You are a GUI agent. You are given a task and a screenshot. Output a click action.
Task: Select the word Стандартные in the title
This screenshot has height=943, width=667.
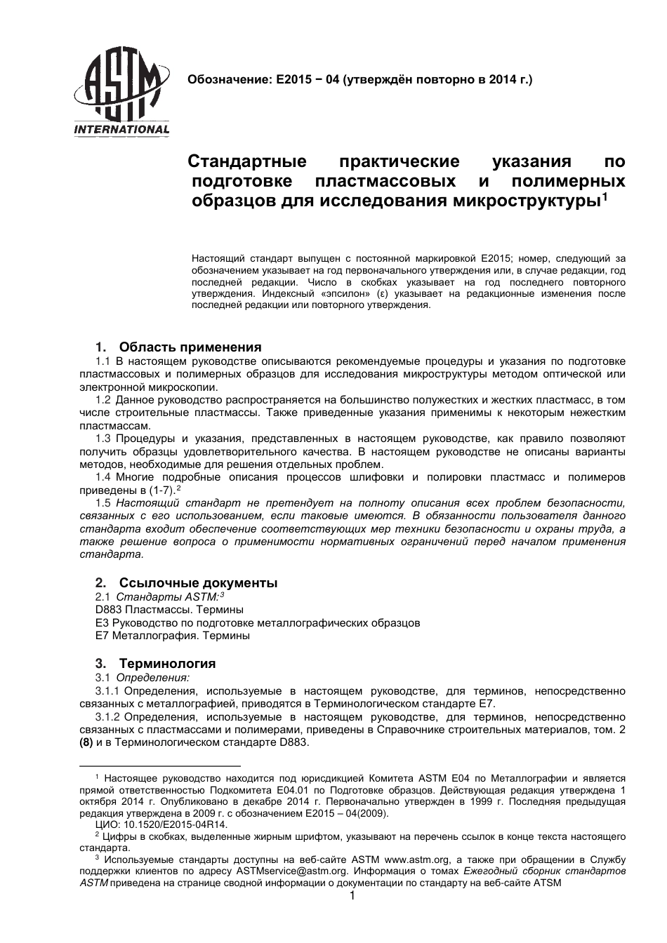click(x=247, y=162)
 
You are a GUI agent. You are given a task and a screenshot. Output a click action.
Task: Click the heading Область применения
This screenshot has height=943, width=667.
click(x=190, y=347)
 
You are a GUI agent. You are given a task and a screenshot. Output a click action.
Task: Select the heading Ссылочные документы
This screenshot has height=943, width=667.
click(x=198, y=583)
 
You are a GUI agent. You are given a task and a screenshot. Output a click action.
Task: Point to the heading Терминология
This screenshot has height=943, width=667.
click(x=167, y=664)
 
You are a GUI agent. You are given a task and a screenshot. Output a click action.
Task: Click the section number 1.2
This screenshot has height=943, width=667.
click(x=103, y=400)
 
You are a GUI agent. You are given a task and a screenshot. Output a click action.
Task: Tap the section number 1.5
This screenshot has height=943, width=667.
click(x=103, y=503)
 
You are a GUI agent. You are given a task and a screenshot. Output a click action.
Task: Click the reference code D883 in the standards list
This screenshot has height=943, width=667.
click(x=109, y=609)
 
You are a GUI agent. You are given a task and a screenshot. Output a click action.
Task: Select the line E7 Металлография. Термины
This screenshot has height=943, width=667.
click(x=172, y=636)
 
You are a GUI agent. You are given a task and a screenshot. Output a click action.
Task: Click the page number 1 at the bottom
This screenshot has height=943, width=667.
click(x=352, y=897)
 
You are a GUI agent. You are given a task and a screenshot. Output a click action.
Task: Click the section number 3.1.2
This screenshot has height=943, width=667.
click(x=107, y=717)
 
